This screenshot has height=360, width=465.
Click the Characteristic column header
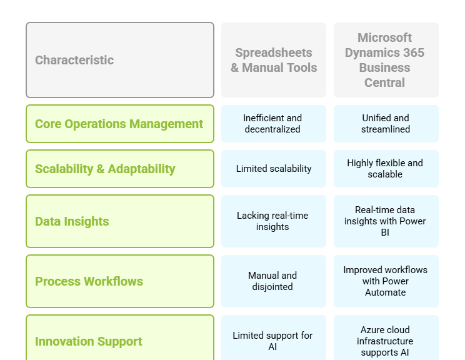click(x=120, y=60)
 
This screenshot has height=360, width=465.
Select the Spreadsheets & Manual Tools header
click(x=273, y=60)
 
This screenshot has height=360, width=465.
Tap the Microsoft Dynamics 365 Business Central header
click(x=386, y=60)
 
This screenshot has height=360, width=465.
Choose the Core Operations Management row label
click(x=120, y=124)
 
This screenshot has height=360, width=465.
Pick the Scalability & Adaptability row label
click(x=120, y=169)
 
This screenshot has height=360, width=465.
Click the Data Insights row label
click(x=120, y=221)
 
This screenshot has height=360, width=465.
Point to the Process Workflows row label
click(x=120, y=281)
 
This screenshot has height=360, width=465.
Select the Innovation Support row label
click(x=120, y=338)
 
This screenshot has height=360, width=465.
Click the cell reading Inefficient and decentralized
click(x=273, y=124)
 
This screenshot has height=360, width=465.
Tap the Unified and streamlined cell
click(x=386, y=124)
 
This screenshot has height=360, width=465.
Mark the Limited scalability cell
click(x=273, y=169)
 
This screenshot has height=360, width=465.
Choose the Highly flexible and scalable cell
click(x=386, y=169)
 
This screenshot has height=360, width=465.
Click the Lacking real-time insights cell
click(x=273, y=221)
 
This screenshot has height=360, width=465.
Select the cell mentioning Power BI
click(x=386, y=221)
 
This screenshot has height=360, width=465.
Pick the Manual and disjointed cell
click(x=273, y=281)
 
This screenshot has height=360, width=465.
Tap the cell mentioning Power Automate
click(x=386, y=281)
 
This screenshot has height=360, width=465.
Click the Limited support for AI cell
click(x=273, y=338)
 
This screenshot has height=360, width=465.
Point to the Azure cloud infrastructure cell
click(x=386, y=338)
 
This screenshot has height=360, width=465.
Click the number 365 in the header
click(x=413, y=52)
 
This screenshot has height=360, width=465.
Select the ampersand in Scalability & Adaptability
click(x=100, y=169)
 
